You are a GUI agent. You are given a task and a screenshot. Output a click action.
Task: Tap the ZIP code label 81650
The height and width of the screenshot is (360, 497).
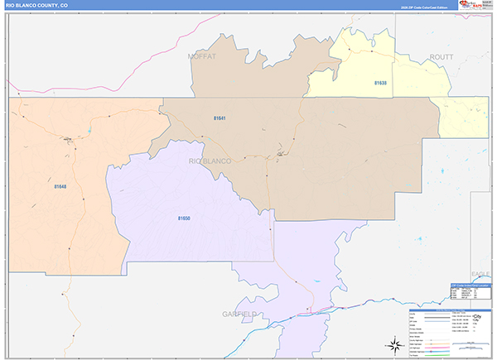184,218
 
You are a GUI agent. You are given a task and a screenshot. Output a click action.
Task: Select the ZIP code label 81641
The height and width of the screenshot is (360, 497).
220,118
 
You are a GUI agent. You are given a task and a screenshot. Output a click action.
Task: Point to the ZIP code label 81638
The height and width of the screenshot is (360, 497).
379,83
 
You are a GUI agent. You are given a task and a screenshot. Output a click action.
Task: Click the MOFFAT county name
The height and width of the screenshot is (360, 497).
201,56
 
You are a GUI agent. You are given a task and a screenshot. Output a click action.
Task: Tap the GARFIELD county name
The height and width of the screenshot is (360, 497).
239,314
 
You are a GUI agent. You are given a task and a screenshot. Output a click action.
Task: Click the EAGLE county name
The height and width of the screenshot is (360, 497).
480,273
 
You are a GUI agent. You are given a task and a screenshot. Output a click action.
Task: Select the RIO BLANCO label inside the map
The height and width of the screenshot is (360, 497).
210,160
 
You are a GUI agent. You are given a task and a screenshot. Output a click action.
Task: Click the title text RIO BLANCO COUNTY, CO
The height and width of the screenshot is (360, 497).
37,5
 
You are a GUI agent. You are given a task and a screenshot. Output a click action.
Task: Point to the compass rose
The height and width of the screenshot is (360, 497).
392,345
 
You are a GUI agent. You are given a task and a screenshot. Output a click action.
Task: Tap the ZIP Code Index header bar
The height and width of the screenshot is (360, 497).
470,285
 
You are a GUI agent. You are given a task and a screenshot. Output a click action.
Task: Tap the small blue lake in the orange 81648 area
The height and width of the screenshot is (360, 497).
89,132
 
